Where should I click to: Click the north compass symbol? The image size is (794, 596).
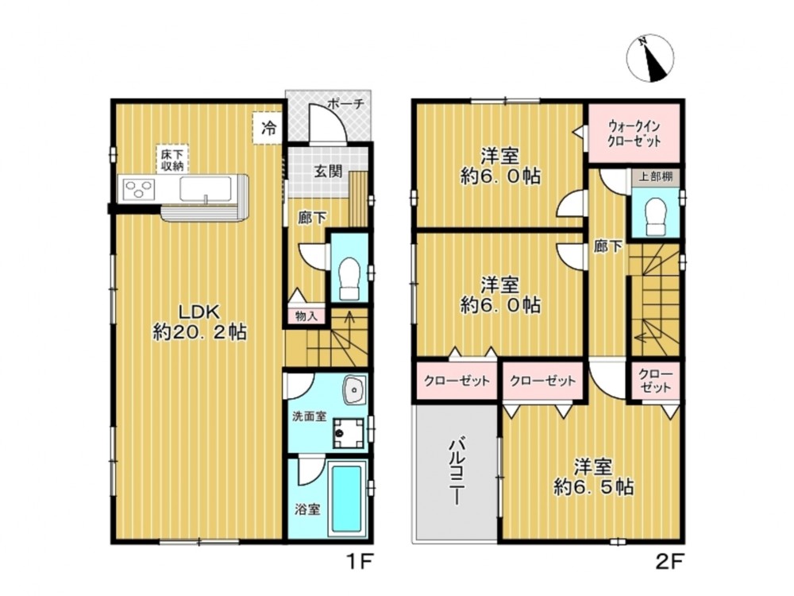[651, 58]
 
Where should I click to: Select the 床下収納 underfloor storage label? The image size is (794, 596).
[172, 160]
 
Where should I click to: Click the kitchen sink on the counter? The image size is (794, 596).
[206, 190]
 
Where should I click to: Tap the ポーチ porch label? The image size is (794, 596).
[346, 104]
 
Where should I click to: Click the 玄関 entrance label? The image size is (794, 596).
[328, 171]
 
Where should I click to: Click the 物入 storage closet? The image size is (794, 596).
[306, 315]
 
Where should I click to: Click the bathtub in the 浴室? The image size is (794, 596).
[347, 499]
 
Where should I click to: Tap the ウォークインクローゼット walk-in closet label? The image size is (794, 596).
[634, 134]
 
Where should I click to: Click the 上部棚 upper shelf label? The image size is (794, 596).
[655, 177]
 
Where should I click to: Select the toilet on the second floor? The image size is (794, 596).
[656, 216]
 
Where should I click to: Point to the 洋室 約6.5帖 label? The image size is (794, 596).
[593, 477]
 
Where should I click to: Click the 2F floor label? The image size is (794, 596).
[669, 562]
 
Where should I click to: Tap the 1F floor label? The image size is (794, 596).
[360, 562]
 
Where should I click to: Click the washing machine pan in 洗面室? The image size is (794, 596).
[349, 433]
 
